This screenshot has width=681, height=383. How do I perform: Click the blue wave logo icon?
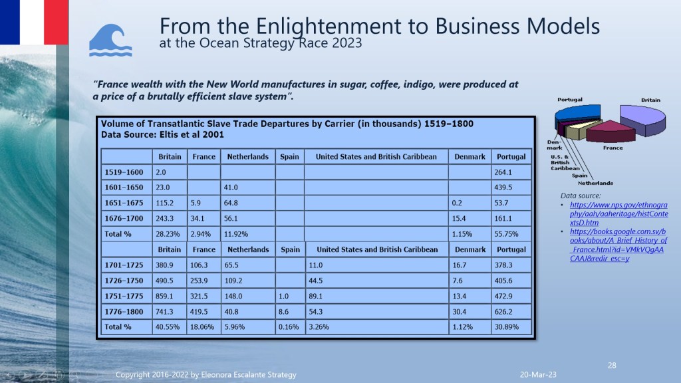pyautogui.click(x=110, y=41)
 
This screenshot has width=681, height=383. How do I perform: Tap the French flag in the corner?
pyautogui.click(x=34, y=21)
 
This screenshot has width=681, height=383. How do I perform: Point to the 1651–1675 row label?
pyautogui.click(x=122, y=203)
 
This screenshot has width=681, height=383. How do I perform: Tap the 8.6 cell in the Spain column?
pyautogui.click(x=284, y=312)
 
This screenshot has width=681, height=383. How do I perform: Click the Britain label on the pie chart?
pyautogui.click(x=650, y=100)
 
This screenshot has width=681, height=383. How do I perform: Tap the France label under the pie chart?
pyautogui.click(x=613, y=148)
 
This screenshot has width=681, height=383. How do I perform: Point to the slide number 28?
pyautogui.click(x=613, y=365)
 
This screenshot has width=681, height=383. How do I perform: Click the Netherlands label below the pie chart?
pyautogui.click(x=595, y=183)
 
